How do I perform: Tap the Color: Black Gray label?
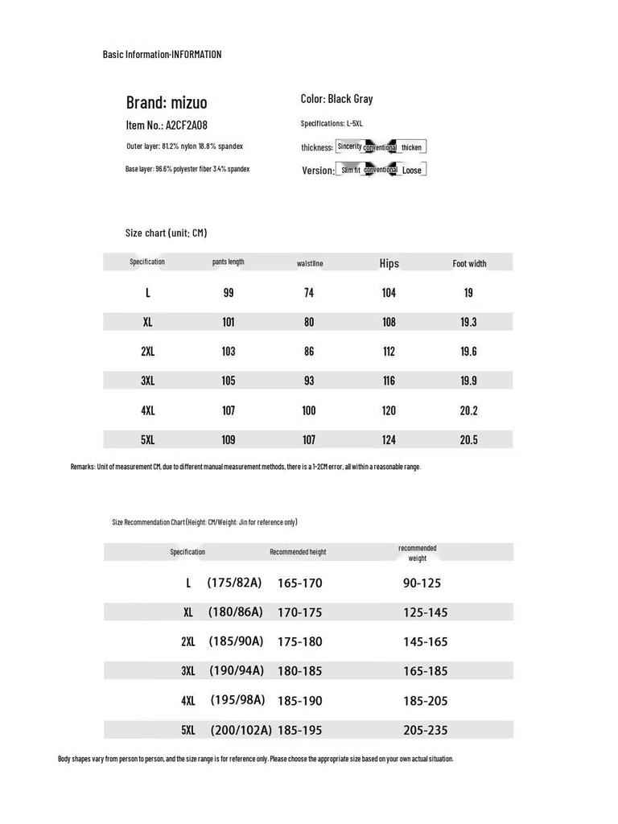(336, 99)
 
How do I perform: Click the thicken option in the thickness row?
(411, 147)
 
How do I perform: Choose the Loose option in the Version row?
(411, 170)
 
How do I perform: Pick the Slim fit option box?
(350, 170)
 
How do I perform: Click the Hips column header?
(389, 263)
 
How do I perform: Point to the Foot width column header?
(469, 263)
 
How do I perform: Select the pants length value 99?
(229, 293)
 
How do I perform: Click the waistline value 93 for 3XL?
(309, 381)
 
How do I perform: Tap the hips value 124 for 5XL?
(389, 439)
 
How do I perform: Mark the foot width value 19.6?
(468, 352)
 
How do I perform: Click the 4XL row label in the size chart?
(148, 410)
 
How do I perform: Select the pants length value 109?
(229, 439)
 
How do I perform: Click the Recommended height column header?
(298, 552)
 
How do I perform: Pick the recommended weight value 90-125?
(422, 583)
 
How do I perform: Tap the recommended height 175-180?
(299, 641)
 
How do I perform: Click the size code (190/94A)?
(237, 671)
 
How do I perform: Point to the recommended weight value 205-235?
(425, 730)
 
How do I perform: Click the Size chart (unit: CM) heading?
(166, 233)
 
